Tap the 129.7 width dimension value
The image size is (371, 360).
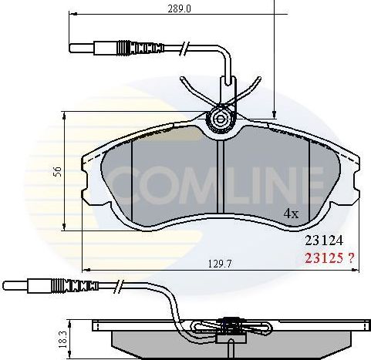coord(218,264)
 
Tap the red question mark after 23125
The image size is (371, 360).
coord(350,258)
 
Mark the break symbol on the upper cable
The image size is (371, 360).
coord(184,51)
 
